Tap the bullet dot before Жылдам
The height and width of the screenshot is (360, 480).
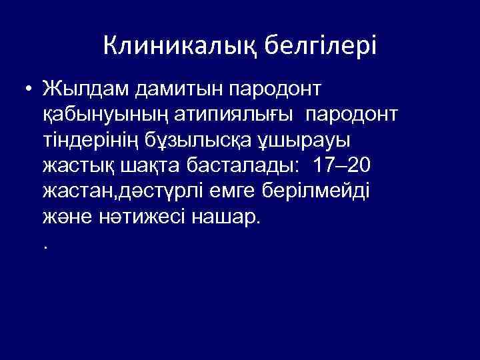27,88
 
